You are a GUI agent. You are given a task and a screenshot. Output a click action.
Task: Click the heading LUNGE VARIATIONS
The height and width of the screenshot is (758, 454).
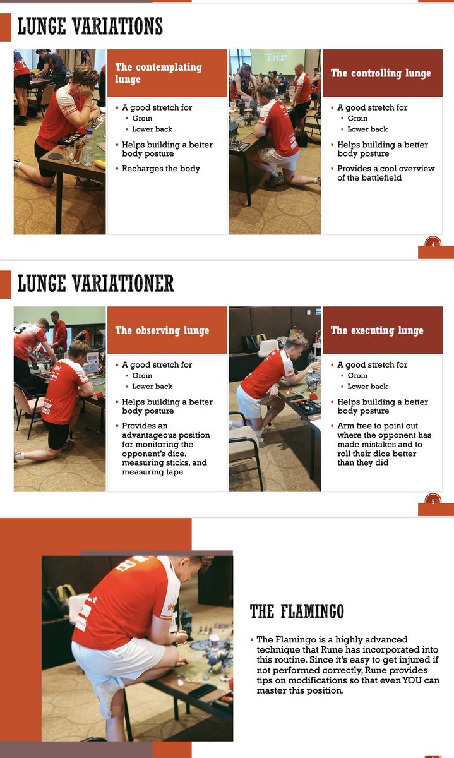(x=90, y=27)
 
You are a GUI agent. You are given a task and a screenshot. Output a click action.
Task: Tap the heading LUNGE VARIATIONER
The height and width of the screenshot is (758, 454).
(x=95, y=284)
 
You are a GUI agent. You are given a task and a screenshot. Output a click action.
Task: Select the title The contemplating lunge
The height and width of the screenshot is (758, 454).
(x=158, y=73)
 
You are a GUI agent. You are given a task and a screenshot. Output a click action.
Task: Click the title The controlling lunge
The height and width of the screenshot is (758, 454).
(x=381, y=73)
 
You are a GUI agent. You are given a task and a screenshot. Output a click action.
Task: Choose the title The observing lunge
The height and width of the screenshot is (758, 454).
(x=162, y=330)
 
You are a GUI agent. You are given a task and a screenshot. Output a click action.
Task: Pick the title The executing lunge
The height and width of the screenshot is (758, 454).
(x=377, y=330)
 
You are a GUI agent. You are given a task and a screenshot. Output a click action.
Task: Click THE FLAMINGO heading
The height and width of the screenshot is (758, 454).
(x=297, y=611)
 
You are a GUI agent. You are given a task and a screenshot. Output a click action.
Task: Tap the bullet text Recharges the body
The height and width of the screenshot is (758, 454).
(x=160, y=169)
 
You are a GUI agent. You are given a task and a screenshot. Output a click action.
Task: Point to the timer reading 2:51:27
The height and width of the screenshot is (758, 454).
(x=277, y=58)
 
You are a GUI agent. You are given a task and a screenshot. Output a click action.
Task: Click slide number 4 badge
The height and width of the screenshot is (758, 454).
(x=433, y=244)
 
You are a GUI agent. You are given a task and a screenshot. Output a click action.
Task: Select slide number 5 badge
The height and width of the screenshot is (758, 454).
(x=433, y=501)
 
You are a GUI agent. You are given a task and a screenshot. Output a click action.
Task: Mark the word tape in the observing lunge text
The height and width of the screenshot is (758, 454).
(x=174, y=472)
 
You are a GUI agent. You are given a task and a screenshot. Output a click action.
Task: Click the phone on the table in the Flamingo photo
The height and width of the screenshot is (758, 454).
(x=202, y=690)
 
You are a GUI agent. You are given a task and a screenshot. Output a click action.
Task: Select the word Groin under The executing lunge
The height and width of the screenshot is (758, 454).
(x=357, y=376)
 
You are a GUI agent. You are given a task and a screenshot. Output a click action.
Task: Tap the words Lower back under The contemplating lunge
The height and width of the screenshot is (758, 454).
(x=152, y=129)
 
